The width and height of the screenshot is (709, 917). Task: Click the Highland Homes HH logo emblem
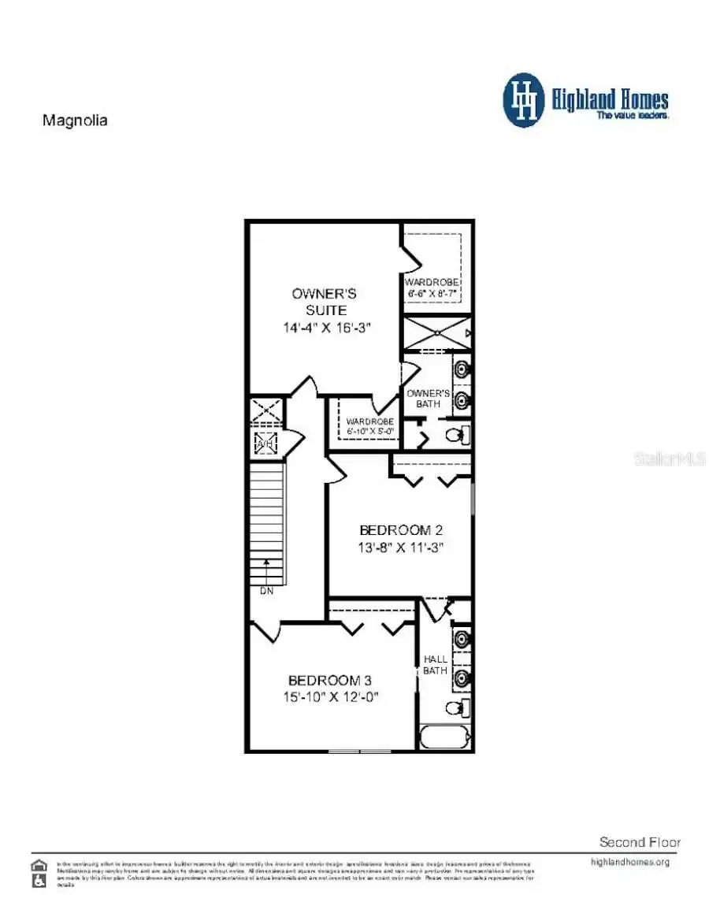tap(524, 101)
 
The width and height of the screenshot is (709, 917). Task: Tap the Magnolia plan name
tap(74, 121)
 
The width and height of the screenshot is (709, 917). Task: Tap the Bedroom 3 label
tap(329, 681)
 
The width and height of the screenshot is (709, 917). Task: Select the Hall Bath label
tap(436, 664)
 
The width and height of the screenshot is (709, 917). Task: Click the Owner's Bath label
tap(428, 399)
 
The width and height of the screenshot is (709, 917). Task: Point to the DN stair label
tap(266, 591)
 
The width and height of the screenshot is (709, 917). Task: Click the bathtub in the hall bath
tap(444, 738)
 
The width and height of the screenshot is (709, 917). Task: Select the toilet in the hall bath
tap(455, 707)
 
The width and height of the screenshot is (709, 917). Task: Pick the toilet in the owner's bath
tap(456, 434)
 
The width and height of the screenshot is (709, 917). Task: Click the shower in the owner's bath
tap(436, 332)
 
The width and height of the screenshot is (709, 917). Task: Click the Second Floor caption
tap(640, 842)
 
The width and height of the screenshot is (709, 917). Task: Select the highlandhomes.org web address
tap(629, 862)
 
